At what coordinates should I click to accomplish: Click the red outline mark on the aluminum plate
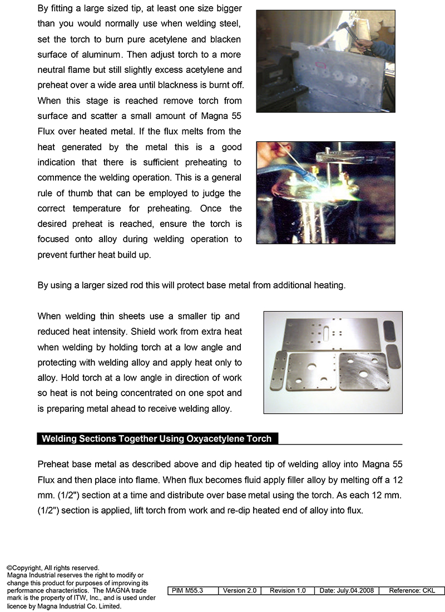coord(321,65)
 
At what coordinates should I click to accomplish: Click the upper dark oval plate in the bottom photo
coord(392,332)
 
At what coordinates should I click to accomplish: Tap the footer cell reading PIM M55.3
coord(192,591)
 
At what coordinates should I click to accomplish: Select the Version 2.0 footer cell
coord(240,591)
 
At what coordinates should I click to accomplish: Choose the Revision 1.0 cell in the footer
coord(288,591)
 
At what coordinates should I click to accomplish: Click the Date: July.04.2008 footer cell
coord(347,591)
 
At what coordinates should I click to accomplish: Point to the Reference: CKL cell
coord(412,591)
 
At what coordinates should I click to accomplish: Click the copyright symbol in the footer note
coord(9,568)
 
